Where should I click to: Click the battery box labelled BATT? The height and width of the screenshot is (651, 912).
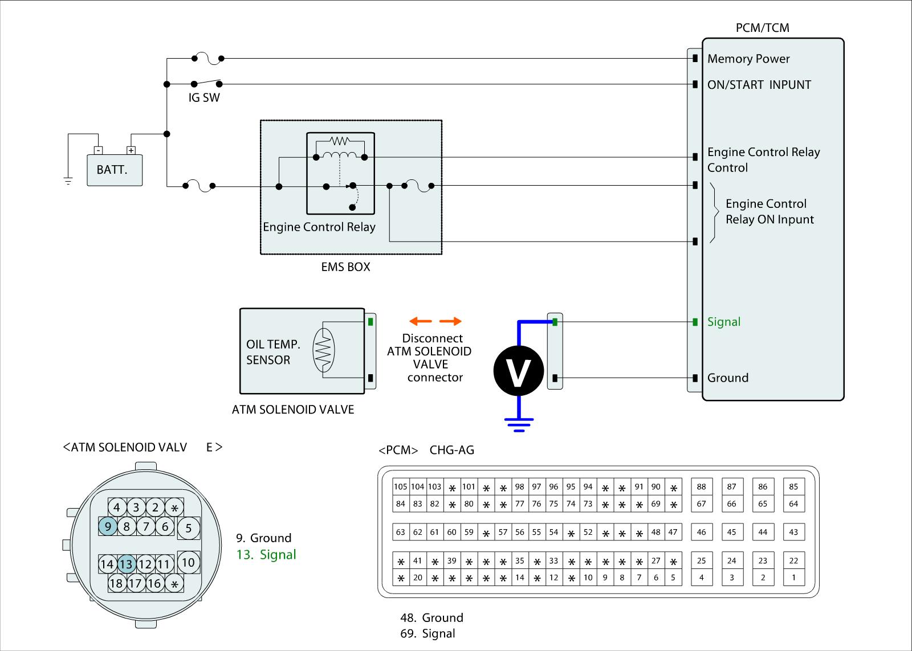click(114, 170)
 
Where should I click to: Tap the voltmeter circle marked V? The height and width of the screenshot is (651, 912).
click(519, 371)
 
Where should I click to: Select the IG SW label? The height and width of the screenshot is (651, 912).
click(204, 97)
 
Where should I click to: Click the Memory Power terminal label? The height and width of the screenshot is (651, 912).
click(748, 59)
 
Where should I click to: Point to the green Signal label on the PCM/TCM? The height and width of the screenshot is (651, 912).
click(724, 322)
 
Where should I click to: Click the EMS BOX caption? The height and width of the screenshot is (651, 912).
click(345, 267)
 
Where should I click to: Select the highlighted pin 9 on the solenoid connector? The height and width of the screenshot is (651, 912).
click(107, 527)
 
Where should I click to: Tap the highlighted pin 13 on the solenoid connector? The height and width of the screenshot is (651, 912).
click(126, 564)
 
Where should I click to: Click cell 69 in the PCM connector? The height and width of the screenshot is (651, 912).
click(656, 504)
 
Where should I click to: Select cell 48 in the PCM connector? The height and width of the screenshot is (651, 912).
click(656, 532)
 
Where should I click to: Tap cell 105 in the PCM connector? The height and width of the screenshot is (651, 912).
click(401, 487)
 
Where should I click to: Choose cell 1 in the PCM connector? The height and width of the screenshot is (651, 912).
click(793, 578)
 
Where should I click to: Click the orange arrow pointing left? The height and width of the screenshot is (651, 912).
click(421, 321)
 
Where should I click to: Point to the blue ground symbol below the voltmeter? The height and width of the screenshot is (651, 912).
click(519, 424)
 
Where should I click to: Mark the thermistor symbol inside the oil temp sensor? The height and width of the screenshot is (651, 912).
click(324, 350)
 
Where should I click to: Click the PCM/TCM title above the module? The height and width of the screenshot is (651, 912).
click(762, 28)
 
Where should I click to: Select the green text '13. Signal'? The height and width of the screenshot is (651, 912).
click(266, 555)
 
